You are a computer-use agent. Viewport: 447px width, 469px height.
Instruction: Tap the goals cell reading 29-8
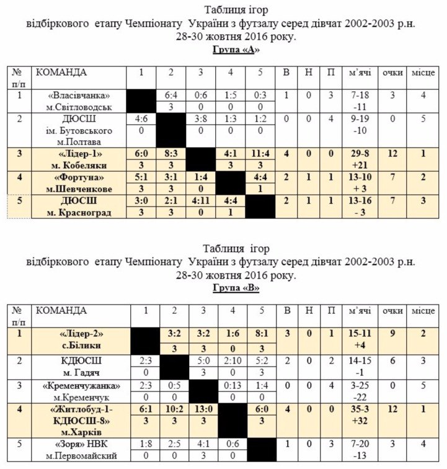pos(360,154)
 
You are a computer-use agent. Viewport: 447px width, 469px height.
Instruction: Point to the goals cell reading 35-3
pos(360,410)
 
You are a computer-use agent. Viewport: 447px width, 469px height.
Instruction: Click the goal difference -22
pos(360,396)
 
